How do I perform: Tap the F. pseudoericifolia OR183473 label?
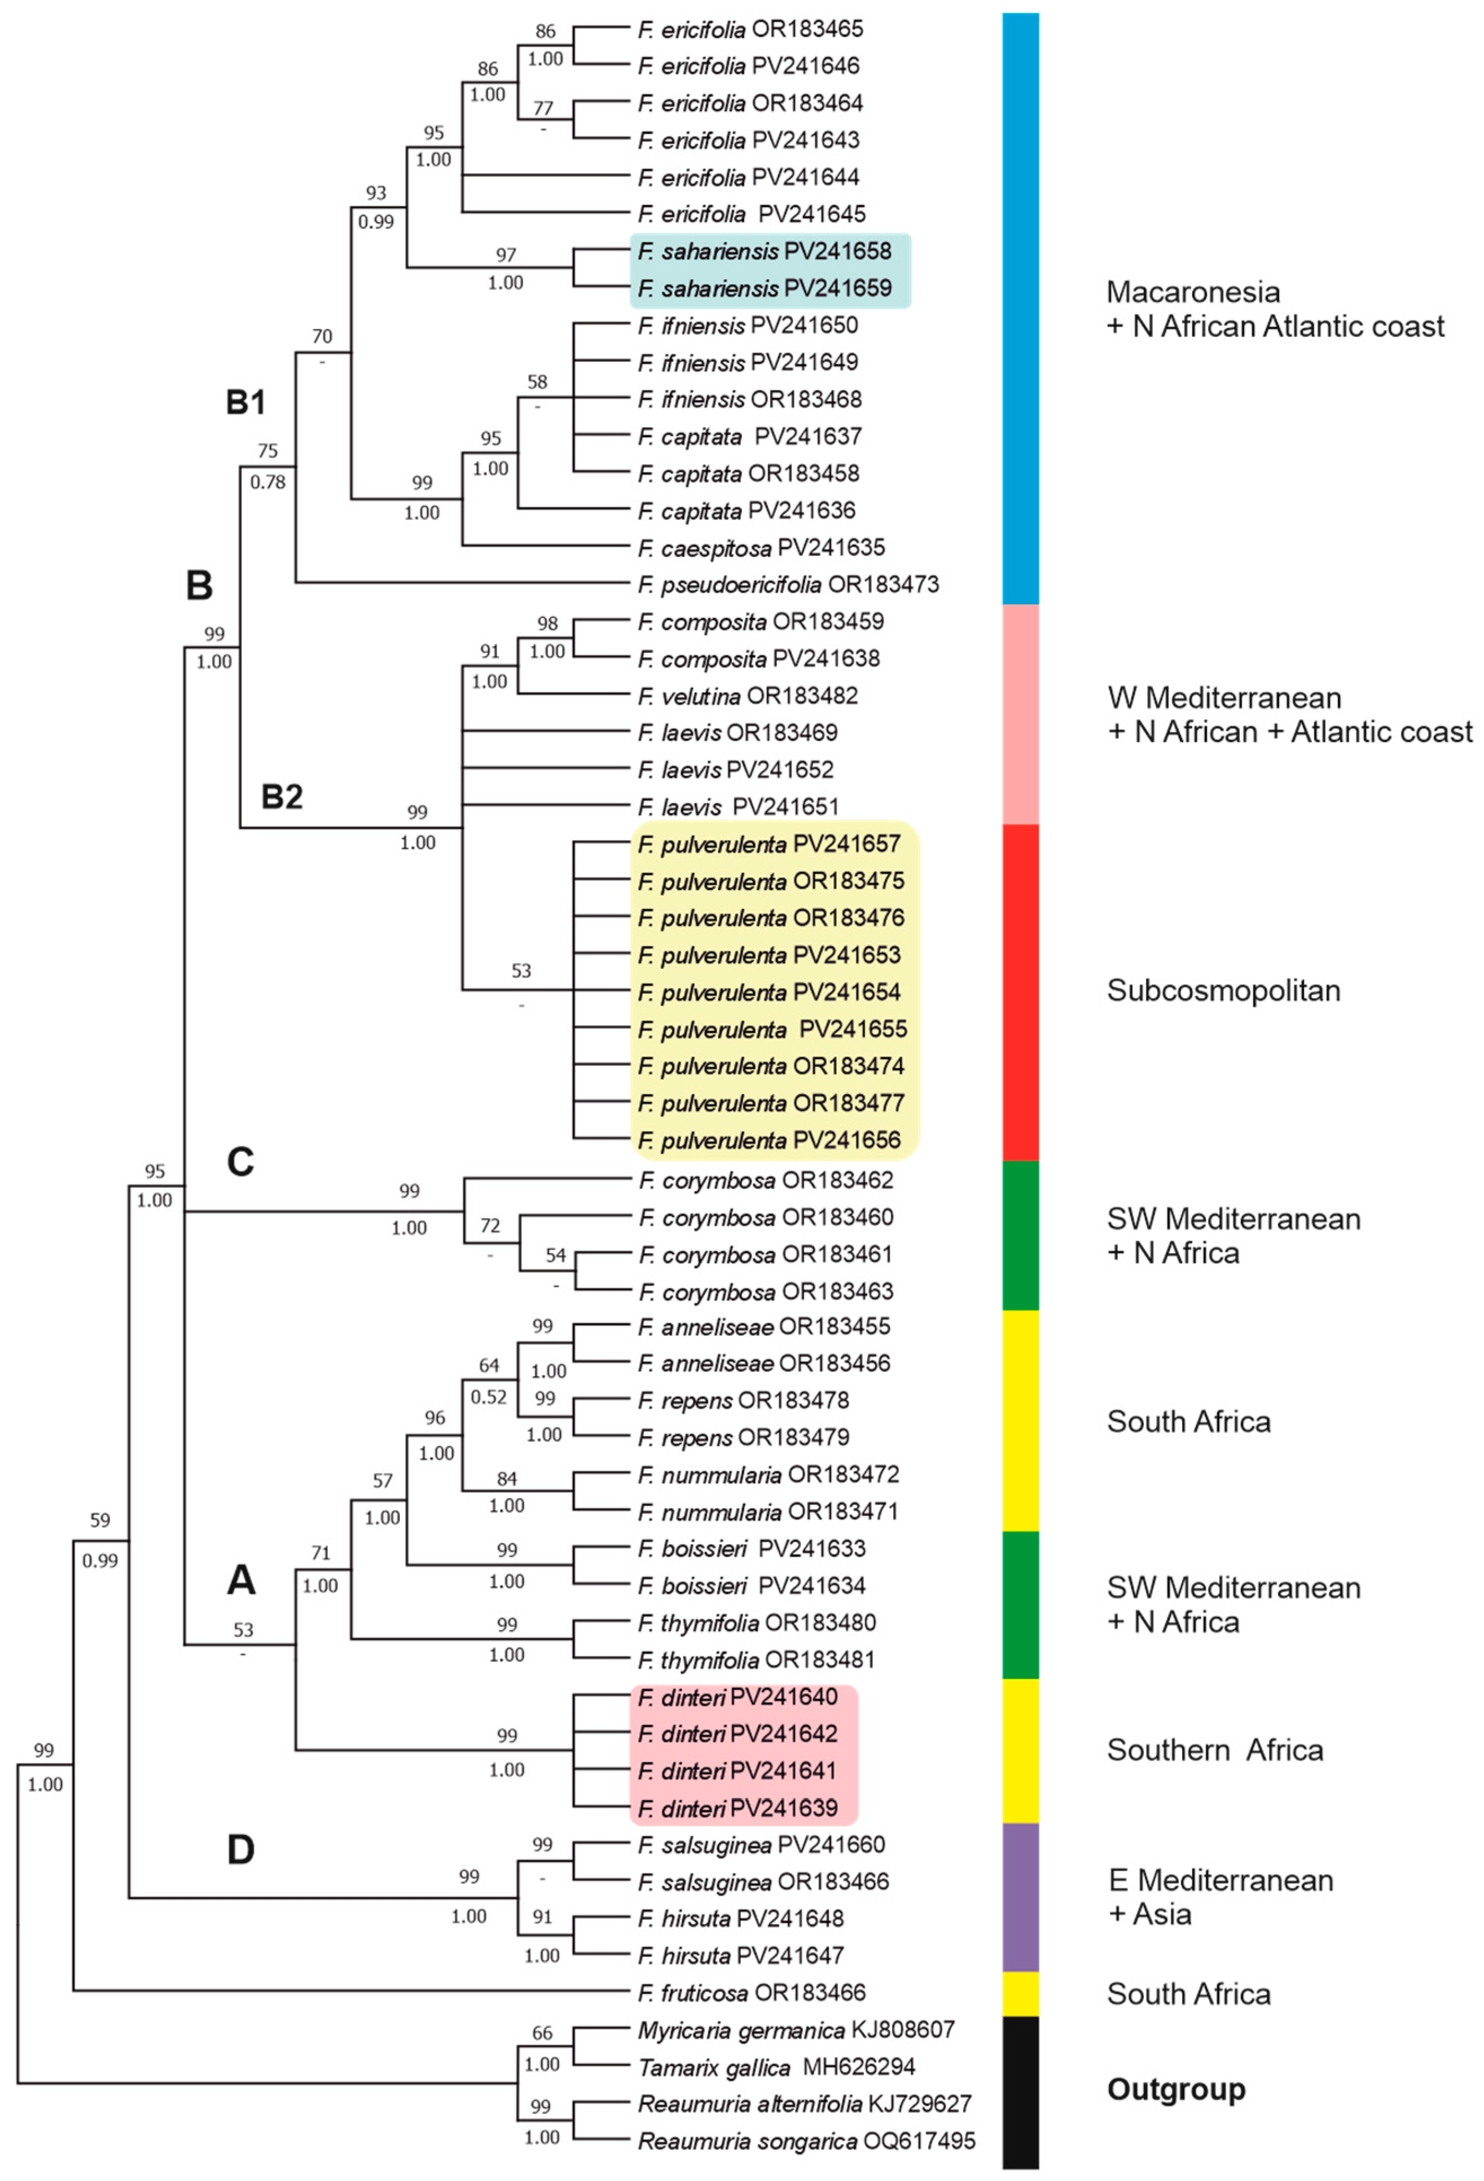pyautogui.click(x=788, y=584)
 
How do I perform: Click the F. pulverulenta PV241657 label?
pyautogui.click(x=769, y=845)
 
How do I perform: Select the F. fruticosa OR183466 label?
pyautogui.click(x=751, y=1993)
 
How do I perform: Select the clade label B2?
pyautogui.click(x=282, y=797)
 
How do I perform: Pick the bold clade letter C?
pyautogui.click(x=240, y=1162)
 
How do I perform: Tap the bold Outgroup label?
pyautogui.click(x=1176, y=2090)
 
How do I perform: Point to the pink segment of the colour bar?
pyautogui.click(x=1020, y=713)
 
